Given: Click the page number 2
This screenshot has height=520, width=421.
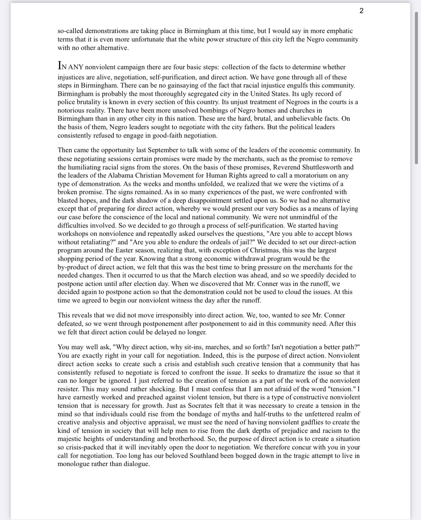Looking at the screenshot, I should click(361, 11).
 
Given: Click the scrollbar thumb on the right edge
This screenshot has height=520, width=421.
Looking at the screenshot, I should click(416, 88).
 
